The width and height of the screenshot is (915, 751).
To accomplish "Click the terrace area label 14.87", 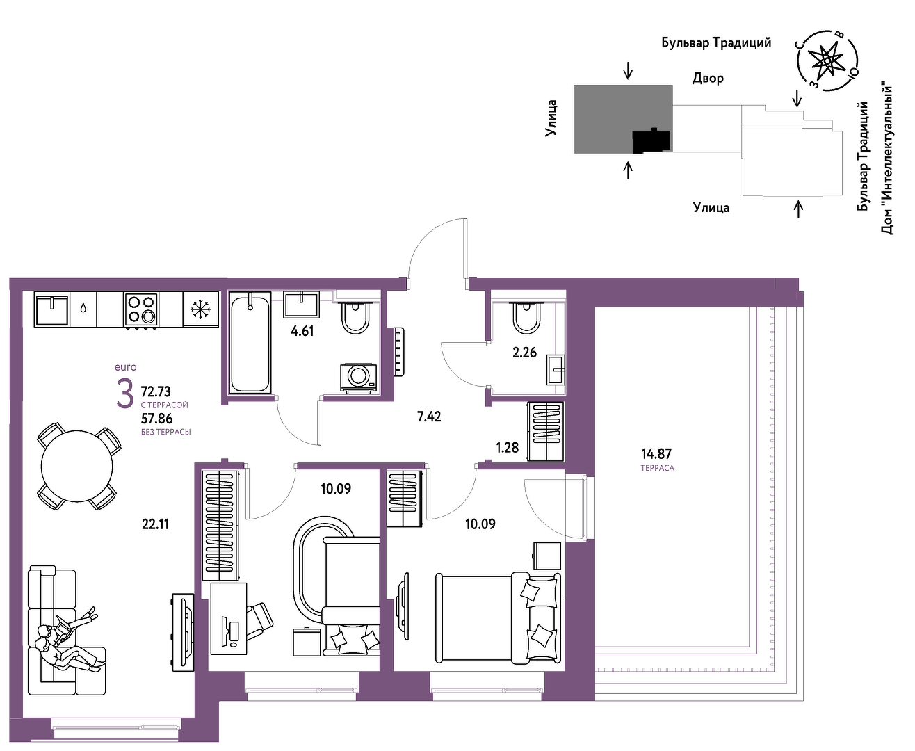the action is click(656, 454).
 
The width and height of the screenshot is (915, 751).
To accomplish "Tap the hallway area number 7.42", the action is click(429, 417).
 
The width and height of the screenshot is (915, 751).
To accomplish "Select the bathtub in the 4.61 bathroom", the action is click(250, 342).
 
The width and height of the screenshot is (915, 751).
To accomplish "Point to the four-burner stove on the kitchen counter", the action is click(140, 309).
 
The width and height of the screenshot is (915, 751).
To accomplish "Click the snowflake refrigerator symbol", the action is click(200, 309).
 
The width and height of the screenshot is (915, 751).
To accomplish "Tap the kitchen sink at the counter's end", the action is click(52, 309).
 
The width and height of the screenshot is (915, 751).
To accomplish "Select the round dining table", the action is click(76, 467).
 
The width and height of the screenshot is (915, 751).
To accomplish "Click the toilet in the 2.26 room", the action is click(526, 318).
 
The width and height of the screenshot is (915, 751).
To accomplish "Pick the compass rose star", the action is click(827, 61).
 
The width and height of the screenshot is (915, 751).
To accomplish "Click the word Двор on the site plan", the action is click(708, 79).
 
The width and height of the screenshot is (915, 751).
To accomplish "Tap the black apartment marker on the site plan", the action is click(651, 140).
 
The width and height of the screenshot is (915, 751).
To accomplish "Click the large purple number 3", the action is click(125, 394).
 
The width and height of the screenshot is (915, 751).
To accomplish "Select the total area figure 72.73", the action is click(156, 391).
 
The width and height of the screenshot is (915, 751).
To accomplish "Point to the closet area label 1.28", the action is click(507, 447).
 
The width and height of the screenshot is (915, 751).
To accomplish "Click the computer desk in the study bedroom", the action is click(228, 619).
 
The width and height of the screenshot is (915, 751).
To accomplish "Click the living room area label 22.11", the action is click(155, 524).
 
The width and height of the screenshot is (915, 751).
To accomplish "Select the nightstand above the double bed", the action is click(546, 556).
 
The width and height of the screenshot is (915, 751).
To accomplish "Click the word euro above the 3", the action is click(125, 367).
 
